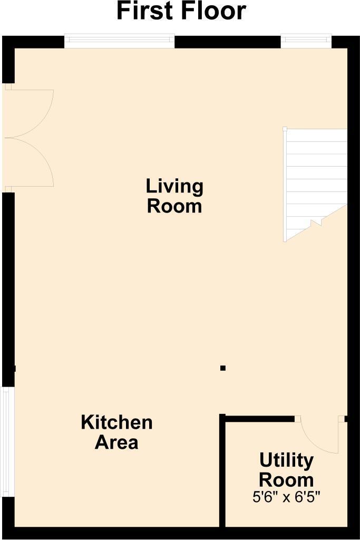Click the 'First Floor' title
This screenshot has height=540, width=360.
click(181, 12)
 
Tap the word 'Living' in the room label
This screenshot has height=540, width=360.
click(174, 186)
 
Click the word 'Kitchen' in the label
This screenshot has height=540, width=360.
click(116, 422)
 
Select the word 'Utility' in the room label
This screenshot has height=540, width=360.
click(286, 460)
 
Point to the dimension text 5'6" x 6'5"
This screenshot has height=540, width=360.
click(286, 496)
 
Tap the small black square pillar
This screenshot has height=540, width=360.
click(223, 368)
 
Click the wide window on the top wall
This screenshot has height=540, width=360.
click(119, 41)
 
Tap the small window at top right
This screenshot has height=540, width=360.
click(306, 41)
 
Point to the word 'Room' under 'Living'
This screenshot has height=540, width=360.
click(174, 206)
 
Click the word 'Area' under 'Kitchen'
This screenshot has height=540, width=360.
click(116, 442)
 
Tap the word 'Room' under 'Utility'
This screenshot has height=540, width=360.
click(286, 480)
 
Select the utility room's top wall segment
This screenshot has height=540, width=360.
click(258, 418)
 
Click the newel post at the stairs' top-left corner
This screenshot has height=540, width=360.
click(285, 129)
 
